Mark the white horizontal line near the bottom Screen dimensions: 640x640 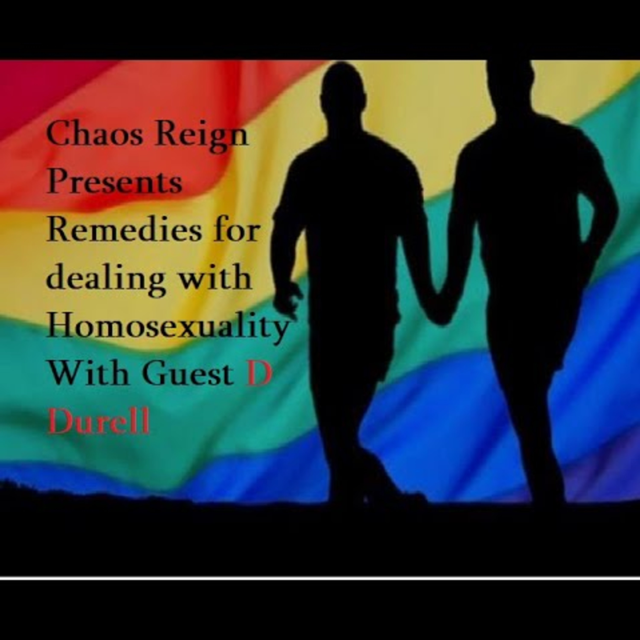(x=320, y=578)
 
